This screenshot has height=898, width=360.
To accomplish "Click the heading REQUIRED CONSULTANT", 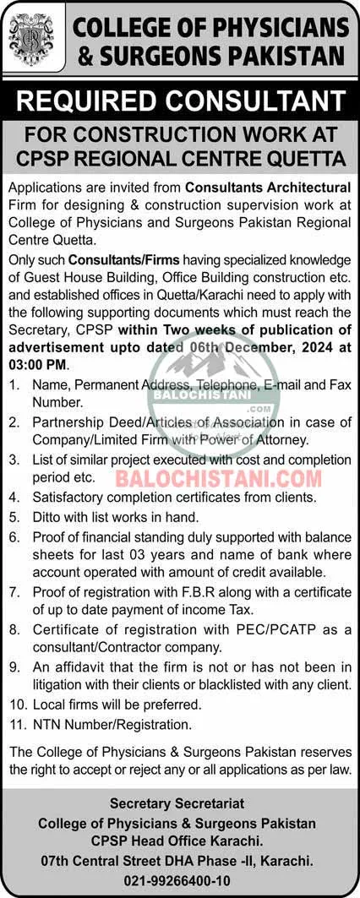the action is pyautogui.click(x=180, y=103).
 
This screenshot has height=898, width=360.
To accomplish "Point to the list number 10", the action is pyautogui.click(x=16, y=704).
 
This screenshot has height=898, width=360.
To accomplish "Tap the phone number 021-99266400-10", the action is pyautogui.click(x=180, y=879).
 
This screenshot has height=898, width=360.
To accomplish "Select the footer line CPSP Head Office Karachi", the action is pyautogui.click(x=180, y=841).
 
